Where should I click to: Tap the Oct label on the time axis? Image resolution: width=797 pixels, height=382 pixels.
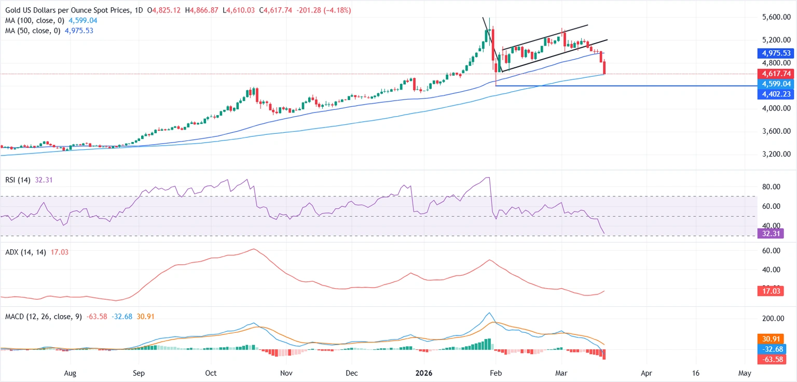211,373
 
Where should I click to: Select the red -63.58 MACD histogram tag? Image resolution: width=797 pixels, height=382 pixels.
768,359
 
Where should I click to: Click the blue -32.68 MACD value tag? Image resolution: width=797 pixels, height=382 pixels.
768,349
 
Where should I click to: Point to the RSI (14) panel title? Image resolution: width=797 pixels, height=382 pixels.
16,180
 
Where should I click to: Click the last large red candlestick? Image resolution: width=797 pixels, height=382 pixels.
605,67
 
